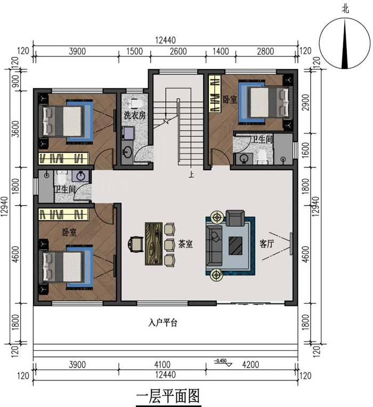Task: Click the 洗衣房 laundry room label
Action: [135, 115]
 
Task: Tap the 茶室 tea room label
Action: [185, 244]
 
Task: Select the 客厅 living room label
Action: [266, 244]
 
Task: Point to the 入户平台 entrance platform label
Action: [163, 323]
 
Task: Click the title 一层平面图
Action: [168, 396]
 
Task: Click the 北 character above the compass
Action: [345, 10]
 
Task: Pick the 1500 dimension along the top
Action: [135, 51]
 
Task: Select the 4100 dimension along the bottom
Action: [163, 364]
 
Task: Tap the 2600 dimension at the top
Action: [179, 51]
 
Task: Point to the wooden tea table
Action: [153, 244]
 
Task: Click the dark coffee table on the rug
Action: [236, 246]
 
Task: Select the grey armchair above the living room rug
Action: [235, 218]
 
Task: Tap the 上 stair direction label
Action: [191, 175]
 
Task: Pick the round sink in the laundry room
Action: [127, 152]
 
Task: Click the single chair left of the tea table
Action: [135, 244]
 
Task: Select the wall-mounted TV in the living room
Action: [291, 244]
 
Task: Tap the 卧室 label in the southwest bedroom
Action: [69, 232]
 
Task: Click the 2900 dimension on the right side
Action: [306, 102]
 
